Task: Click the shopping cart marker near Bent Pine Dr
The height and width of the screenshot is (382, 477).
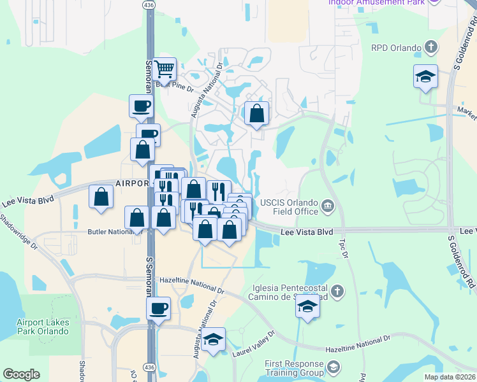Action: pos(165,69)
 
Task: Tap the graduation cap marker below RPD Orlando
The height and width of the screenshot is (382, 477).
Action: pos(425,77)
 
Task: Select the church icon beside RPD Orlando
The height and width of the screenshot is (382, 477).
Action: pos(431,47)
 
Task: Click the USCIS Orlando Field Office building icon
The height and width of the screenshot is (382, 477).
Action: pos(328,205)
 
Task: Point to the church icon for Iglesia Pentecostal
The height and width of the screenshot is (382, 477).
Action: pos(337,292)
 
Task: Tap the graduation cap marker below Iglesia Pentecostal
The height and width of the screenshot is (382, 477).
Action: pos(307,308)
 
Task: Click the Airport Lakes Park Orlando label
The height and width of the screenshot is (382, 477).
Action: pos(43,327)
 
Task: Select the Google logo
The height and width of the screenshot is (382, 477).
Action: pos(21,374)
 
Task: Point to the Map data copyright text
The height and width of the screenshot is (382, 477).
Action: pos(450,377)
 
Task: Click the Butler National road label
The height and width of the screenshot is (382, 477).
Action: pos(109,232)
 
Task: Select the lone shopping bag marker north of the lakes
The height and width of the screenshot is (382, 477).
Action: pos(256,114)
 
